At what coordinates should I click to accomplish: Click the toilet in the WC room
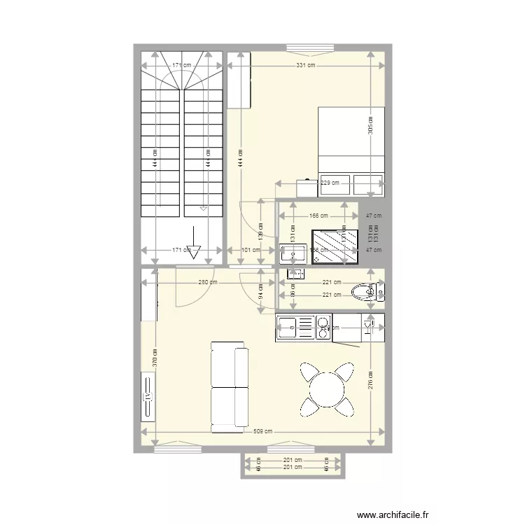(x=363, y=290)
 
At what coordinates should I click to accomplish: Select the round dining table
(x=326, y=387)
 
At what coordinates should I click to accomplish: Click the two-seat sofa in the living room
(x=229, y=386)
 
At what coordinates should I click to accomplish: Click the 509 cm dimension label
(x=263, y=431)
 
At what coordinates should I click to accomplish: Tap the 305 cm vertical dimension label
(x=370, y=125)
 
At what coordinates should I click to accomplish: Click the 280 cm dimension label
(x=207, y=283)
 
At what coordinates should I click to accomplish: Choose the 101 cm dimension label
(x=246, y=250)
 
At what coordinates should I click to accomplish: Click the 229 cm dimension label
(x=329, y=183)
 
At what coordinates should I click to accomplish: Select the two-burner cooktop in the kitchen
(x=323, y=327)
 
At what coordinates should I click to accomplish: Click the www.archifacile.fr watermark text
(x=393, y=514)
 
